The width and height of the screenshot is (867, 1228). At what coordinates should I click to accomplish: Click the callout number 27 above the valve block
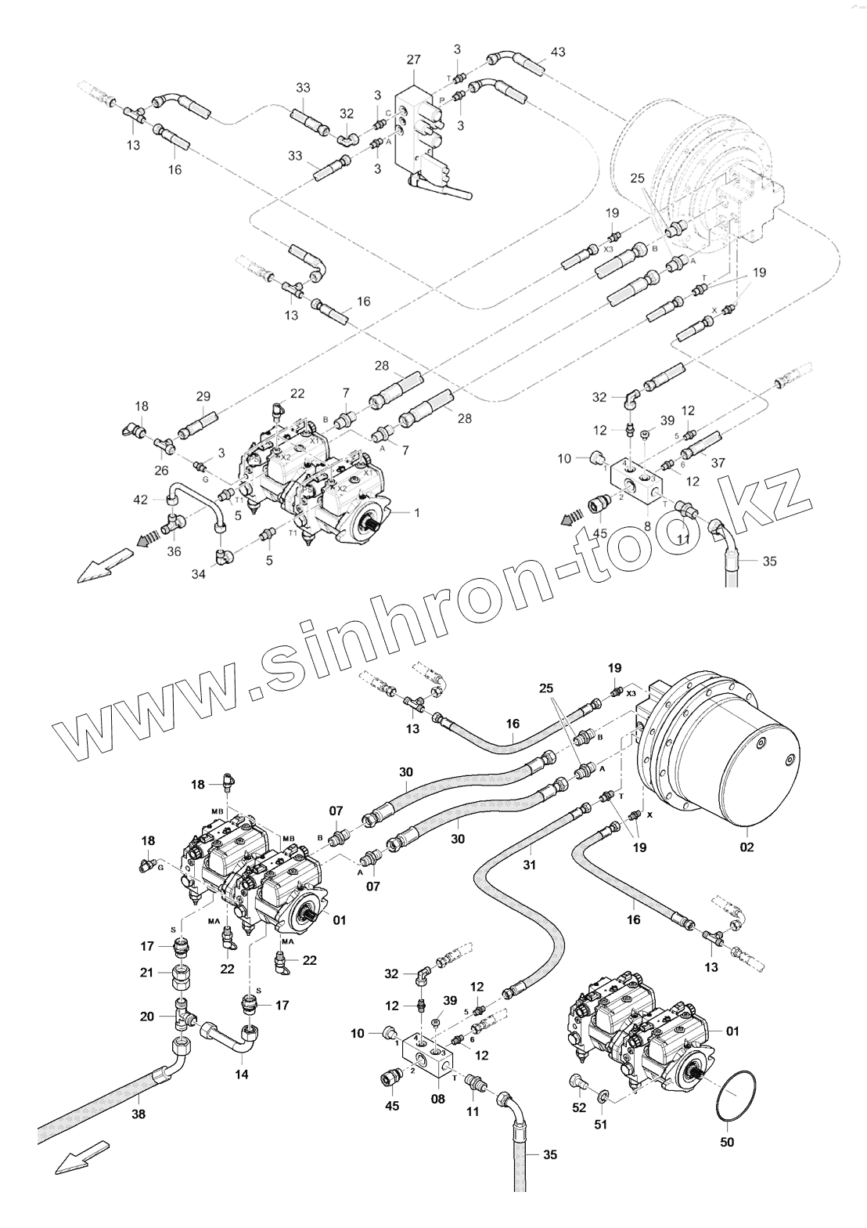click(x=414, y=60)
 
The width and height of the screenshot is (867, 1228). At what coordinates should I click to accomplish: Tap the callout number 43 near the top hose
click(x=558, y=52)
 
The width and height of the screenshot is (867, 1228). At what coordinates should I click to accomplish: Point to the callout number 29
click(x=203, y=396)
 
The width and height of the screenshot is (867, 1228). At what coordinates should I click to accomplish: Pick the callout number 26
click(x=162, y=471)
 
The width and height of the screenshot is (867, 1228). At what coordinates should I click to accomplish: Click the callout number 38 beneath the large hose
click(x=139, y=1111)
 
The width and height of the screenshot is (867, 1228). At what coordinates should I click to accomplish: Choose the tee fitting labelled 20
click(x=182, y=1017)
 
